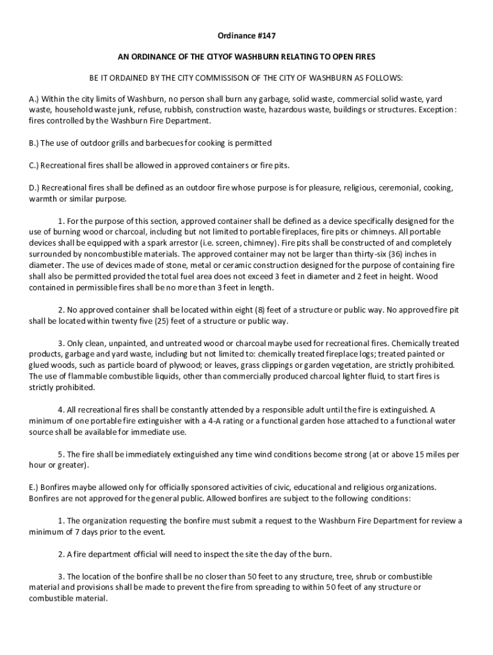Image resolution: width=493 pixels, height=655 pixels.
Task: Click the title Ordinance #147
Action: click(x=246, y=36)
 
